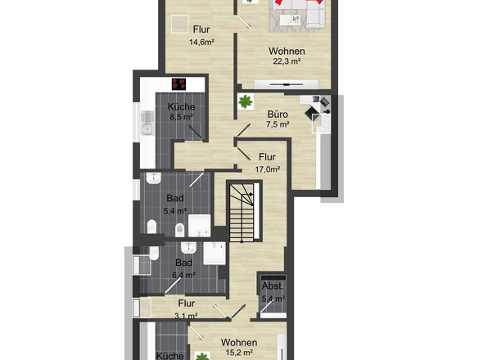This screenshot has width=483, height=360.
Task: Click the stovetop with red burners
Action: coord(179,84)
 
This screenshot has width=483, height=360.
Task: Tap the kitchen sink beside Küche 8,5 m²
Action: coord(147,123)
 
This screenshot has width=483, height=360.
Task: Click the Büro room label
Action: coord(278,115)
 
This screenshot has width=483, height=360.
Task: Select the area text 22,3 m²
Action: coord(287,61)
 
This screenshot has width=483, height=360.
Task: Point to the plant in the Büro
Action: coord(246,101)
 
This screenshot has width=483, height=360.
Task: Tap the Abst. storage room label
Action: coord(273,286)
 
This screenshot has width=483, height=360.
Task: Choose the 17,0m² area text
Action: coord(268,169)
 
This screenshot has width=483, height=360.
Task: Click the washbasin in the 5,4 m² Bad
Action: coord(153,178)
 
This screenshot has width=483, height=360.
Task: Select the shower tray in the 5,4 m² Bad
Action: coord(199,226)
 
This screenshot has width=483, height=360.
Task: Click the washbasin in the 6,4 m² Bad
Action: coord(188,247)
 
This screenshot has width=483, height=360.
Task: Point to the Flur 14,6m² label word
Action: coord(201,29)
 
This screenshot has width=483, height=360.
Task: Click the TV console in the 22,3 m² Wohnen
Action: coord(287,83)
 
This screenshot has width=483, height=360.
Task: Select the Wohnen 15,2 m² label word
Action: coord(239,343)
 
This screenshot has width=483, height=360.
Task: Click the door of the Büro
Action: coord(243,129)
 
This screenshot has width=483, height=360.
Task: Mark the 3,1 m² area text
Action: coord(186,316)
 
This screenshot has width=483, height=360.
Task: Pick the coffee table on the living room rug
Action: coord(291,20)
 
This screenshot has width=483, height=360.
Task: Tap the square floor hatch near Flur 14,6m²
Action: coord(179,24)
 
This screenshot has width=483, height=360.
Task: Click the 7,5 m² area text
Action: coord(278,124)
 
